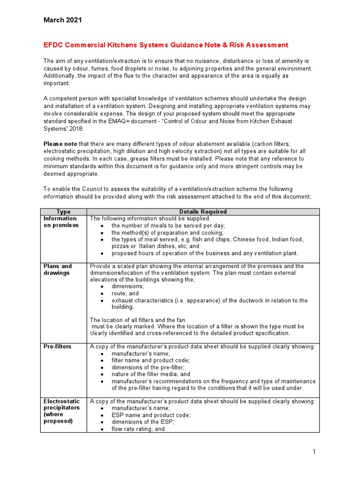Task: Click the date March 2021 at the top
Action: [x=62, y=20]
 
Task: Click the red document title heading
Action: [x=166, y=45]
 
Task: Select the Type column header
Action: [x=63, y=212]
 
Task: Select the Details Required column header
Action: [x=203, y=212]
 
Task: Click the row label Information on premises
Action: [x=60, y=222]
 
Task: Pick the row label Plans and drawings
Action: [x=58, y=270]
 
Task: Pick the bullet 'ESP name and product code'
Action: [x=147, y=415]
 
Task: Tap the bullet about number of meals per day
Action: [x=162, y=225]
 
